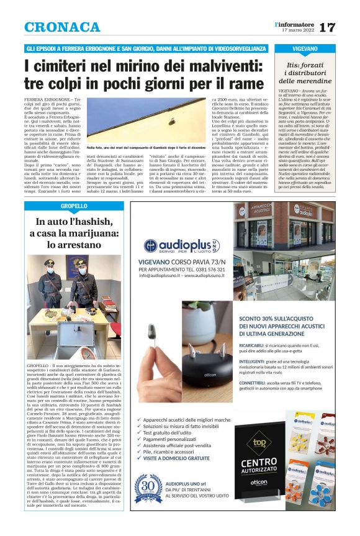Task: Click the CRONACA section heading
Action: (62, 27)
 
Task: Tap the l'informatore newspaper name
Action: (294, 24)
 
